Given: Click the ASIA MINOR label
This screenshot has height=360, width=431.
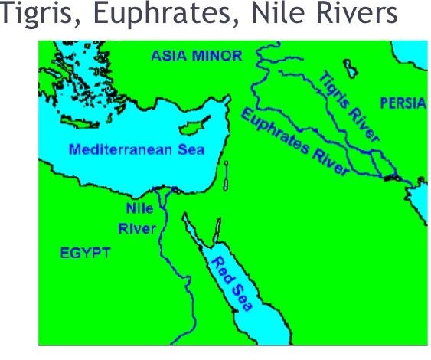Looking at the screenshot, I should click(x=197, y=56).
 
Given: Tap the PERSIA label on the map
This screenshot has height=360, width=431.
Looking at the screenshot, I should click(x=401, y=103).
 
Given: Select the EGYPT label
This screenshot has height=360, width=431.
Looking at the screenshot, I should click(x=87, y=253).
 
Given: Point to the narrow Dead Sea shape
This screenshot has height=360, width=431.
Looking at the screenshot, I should click(x=227, y=175).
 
